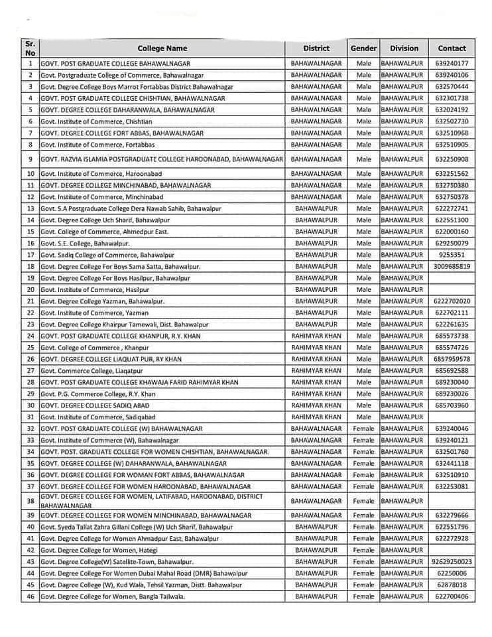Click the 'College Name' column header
click(x=162, y=48)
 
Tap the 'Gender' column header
click(x=363, y=48)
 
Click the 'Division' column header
click(x=404, y=48)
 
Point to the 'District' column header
click(x=316, y=48)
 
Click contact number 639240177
click(x=452, y=63)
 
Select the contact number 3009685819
click(x=452, y=266)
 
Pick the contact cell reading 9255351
click(x=452, y=254)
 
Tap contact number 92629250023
click(x=452, y=561)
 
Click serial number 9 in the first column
click(x=31, y=159)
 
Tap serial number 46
click(x=31, y=597)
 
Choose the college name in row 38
click(x=151, y=501)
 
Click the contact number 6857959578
click(x=452, y=359)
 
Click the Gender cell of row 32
click(x=363, y=429)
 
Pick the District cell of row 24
click(x=316, y=336)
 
